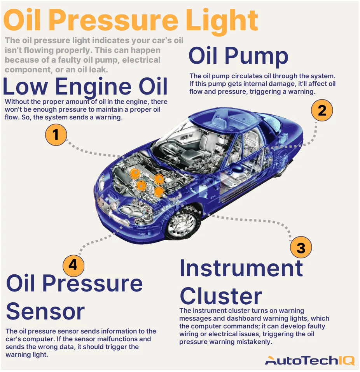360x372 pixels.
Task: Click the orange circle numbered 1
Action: (x=56, y=135)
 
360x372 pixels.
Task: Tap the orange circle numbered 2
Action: (x=322, y=111)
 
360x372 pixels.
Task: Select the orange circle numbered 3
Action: (x=301, y=247)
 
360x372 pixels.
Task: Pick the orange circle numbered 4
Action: (x=73, y=265)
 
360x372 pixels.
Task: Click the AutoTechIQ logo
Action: (x=309, y=360)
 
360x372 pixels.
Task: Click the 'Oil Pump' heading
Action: (x=238, y=56)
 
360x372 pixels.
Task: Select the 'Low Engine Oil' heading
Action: (x=85, y=86)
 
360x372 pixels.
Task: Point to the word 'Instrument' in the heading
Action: (x=241, y=268)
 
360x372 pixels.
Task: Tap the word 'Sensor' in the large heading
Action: (x=45, y=311)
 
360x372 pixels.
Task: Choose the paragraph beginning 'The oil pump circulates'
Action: (x=262, y=84)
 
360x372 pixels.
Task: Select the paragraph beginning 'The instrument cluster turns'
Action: (x=252, y=326)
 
